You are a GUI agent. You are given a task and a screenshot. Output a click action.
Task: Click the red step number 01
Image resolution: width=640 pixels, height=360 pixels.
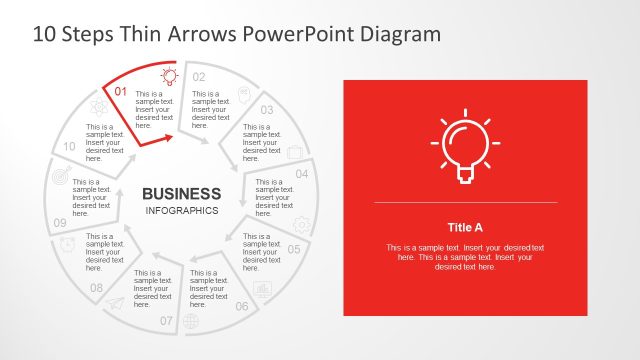pos(120,92)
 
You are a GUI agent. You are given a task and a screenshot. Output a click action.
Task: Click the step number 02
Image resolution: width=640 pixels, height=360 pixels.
pos(199,77)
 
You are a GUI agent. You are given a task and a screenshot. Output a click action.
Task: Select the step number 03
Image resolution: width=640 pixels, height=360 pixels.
pos(267,110)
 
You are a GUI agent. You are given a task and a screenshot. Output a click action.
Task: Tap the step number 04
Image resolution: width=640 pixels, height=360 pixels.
pos(302,173)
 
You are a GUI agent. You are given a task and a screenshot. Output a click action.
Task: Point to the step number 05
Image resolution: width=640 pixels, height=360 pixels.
pos(294,249)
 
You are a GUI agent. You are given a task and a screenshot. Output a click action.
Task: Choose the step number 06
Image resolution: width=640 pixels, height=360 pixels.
pos(242,306)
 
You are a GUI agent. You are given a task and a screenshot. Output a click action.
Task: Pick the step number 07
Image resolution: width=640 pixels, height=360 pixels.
pos(166,321)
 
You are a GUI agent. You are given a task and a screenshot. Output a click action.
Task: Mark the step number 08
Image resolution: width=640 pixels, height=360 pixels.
pos(96,288)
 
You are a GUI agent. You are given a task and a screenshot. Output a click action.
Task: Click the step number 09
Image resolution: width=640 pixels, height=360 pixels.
pos(60,222)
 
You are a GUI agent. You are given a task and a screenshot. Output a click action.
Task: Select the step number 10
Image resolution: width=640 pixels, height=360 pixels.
pos(69,146)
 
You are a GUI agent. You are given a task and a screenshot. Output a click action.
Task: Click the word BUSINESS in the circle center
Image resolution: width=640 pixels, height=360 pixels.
pos(181,193)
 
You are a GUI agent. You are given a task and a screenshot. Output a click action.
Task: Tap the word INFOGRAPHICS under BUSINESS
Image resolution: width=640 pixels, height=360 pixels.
pos(181,211)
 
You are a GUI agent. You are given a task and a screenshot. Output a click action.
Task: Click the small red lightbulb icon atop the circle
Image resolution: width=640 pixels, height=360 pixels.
pos(169,74)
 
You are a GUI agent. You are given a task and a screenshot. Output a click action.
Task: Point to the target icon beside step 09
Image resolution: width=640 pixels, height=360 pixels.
pos(61,176)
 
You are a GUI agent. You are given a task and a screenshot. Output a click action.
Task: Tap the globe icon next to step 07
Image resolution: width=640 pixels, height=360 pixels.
pos(191,321)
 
